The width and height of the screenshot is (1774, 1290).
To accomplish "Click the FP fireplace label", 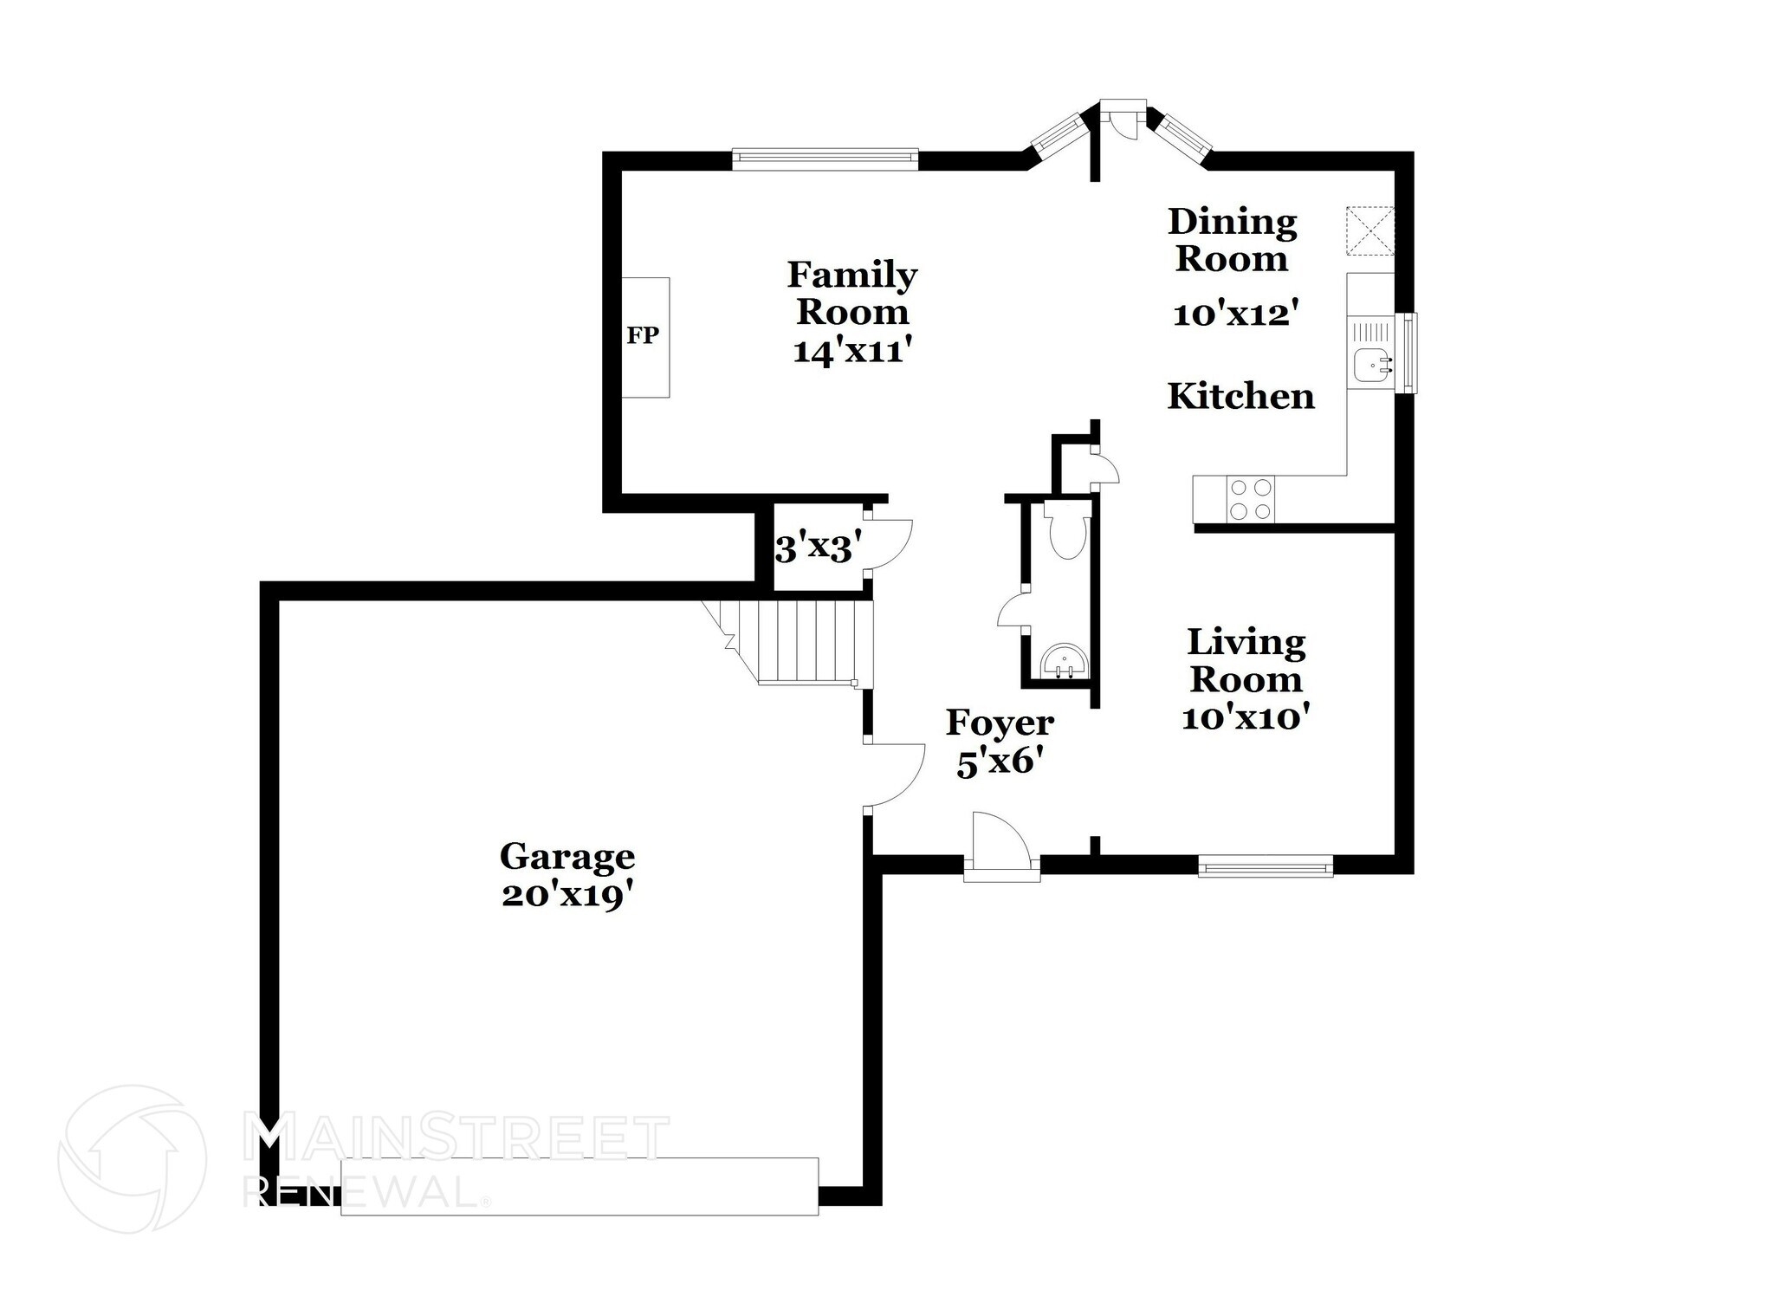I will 643,336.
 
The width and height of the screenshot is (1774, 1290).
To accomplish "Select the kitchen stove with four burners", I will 1251,500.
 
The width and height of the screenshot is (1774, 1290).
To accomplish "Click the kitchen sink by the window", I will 1372,365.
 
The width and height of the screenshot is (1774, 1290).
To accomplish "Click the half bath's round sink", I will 1064,664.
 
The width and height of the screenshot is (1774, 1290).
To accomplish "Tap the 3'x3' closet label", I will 818,548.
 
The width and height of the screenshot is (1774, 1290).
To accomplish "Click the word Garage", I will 567,857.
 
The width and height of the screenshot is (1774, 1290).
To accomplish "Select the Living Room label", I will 1246,660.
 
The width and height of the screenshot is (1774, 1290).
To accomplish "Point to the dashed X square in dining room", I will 1370,230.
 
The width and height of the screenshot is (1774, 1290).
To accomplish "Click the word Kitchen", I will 1240,397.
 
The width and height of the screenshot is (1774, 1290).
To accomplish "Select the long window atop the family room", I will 824,157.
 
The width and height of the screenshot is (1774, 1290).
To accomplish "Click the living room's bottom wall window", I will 1266,865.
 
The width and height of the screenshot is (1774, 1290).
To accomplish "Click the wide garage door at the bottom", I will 579,1185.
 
